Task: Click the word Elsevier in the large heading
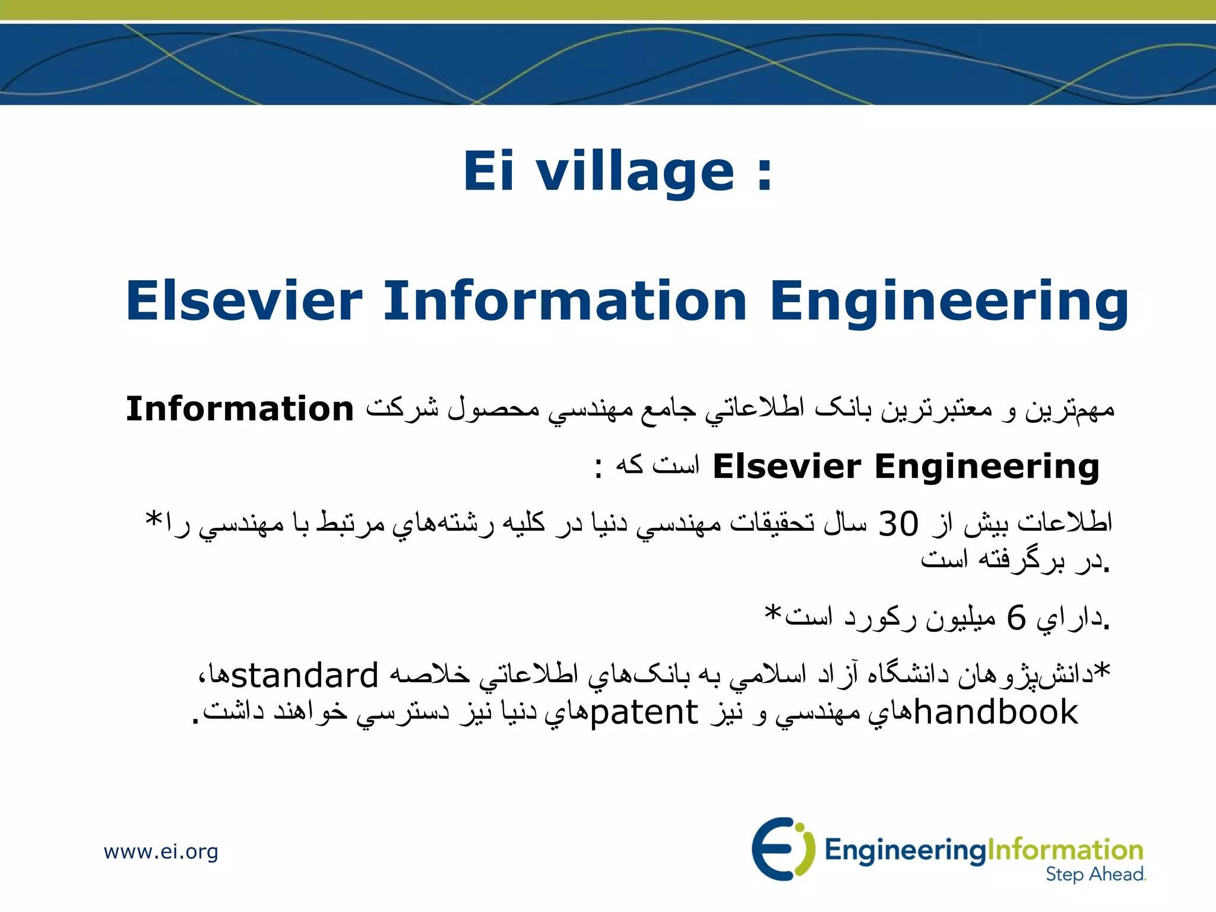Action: (244, 300)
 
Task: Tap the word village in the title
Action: (635, 172)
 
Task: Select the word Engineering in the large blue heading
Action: (949, 302)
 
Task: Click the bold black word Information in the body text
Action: (240, 409)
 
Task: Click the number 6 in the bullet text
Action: (1016, 618)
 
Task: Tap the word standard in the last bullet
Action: (305, 675)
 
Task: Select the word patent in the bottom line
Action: (644, 712)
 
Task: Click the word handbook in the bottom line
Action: (996, 712)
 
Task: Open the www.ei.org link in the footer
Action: (161, 851)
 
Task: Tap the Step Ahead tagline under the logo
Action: (1095, 874)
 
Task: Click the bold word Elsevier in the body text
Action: (786, 466)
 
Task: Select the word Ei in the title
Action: (488, 172)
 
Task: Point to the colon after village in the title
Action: (764, 175)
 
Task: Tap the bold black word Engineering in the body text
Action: (987, 467)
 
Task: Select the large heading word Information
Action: (565, 300)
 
